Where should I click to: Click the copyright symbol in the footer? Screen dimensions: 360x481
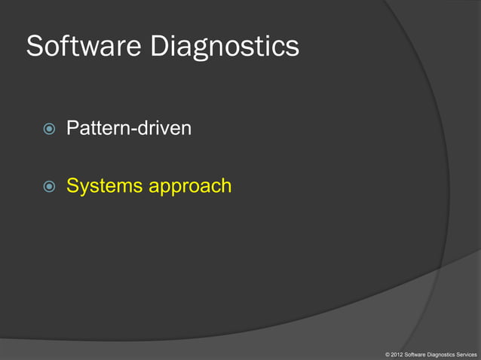click(387, 353)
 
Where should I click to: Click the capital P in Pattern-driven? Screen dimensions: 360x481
click(72, 129)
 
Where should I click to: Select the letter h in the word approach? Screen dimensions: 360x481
click(225, 185)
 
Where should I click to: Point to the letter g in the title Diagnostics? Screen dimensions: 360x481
click(195, 50)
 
